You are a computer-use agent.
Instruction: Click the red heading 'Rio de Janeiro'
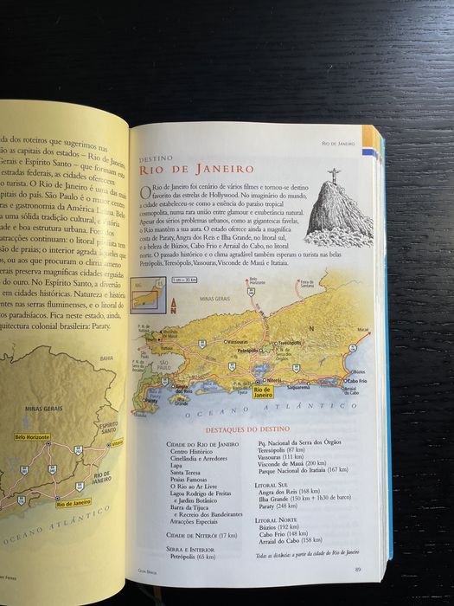click(x=196, y=169)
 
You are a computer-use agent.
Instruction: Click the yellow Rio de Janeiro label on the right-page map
click(x=266, y=392)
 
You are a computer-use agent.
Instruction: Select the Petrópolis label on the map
click(x=248, y=351)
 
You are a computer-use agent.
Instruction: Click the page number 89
click(x=357, y=568)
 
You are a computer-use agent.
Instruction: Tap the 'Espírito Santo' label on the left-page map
click(x=108, y=430)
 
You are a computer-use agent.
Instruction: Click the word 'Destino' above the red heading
click(x=156, y=158)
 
